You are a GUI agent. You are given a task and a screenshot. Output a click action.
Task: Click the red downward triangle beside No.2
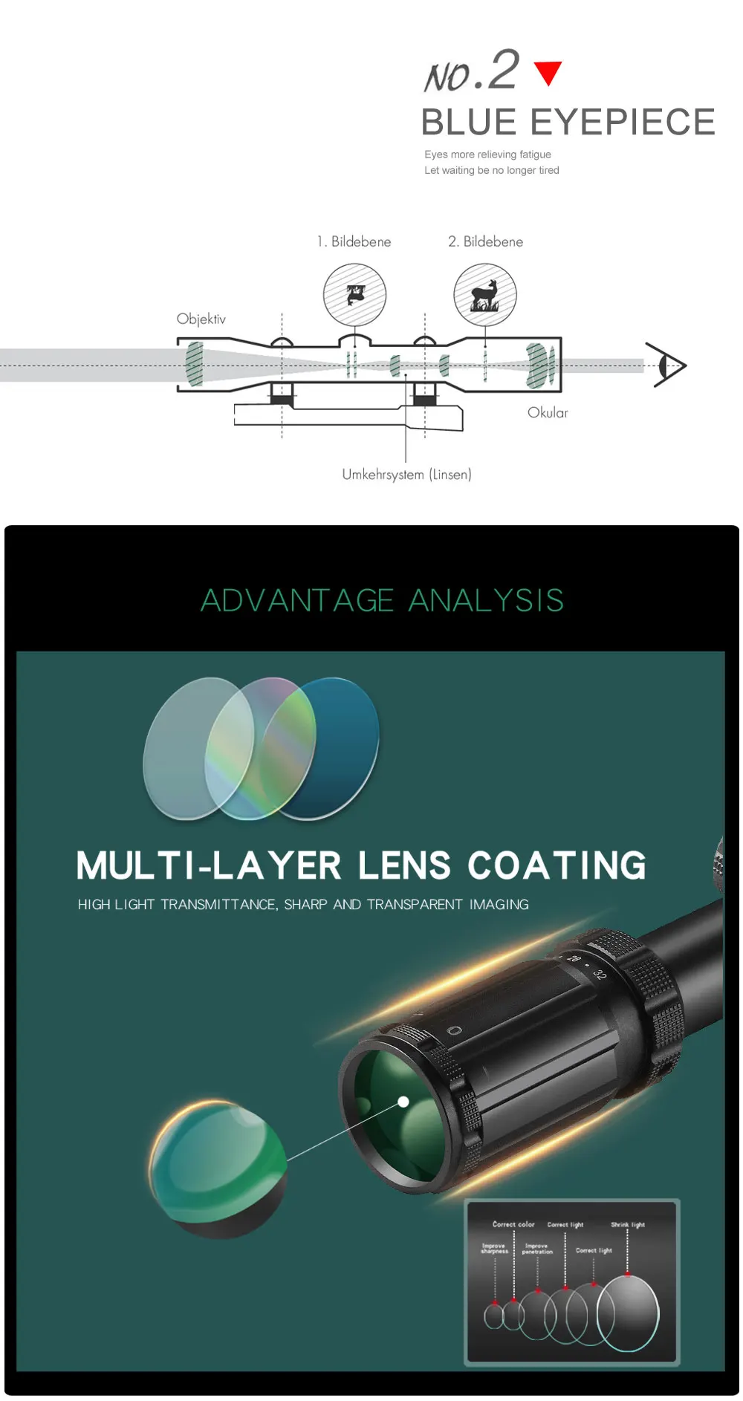548,72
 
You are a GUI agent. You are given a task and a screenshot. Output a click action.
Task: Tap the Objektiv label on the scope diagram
201,319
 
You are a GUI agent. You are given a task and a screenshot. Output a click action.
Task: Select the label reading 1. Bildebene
354,241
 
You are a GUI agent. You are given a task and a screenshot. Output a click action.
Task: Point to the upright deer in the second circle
485,295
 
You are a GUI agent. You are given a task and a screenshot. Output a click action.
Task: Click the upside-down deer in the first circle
356,294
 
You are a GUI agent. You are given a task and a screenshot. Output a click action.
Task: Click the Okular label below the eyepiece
548,412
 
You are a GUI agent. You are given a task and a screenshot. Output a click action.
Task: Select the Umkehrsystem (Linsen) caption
406,474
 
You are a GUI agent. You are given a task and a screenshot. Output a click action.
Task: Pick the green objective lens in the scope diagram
195,363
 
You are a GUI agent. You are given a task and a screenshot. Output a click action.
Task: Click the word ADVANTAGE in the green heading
297,600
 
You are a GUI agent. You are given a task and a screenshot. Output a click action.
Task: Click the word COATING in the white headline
557,865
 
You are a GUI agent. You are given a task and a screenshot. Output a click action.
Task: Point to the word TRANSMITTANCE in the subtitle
218,904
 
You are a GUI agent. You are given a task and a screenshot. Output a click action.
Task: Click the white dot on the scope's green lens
403,1102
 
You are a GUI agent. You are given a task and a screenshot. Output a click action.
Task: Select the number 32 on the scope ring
600,974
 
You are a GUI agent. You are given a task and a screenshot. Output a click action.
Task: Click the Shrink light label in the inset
628,1224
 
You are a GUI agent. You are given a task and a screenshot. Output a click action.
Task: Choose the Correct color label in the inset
513,1223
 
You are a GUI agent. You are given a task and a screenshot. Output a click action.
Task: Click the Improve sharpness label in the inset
494,1248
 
